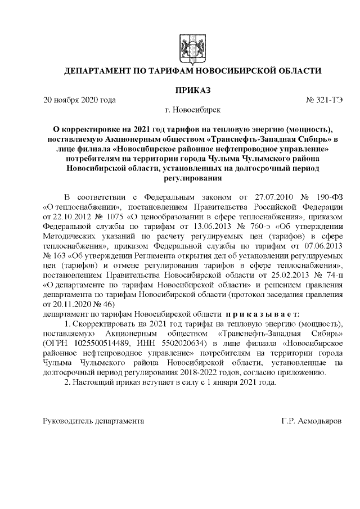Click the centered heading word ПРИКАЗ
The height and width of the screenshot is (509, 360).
(192, 90)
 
